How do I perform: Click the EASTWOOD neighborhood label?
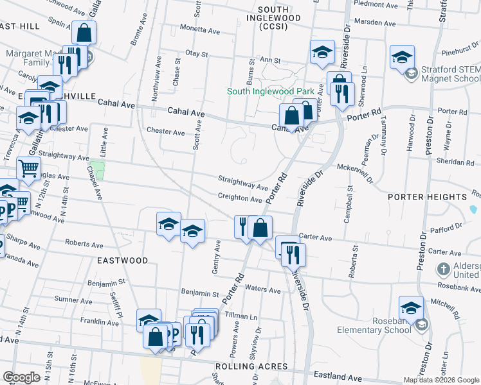(122, 261)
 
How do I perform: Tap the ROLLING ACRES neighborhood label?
(251, 366)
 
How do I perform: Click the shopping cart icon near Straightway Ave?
(28, 168)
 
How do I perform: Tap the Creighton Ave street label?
(240, 200)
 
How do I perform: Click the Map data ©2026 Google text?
(441, 380)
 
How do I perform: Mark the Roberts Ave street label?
(84, 244)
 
